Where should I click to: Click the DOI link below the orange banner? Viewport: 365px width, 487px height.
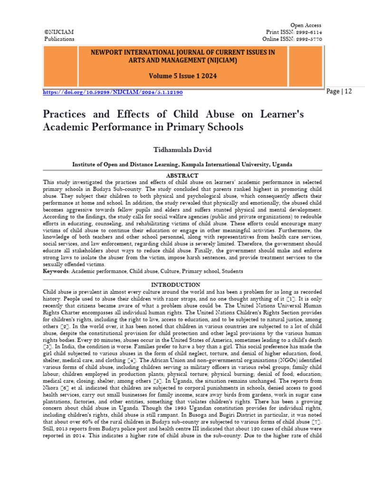pyautogui.click(x=113, y=92)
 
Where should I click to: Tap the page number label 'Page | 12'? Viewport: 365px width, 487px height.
pyautogui.click(x=339, y=91)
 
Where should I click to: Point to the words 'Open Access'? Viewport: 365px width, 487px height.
pyautogui.click(x=306, y=25)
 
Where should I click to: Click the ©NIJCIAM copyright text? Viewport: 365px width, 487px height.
pyautogui.click(x=59, y=32)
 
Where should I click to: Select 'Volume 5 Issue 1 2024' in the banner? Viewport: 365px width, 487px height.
pyautogui.click(x=182, y=76)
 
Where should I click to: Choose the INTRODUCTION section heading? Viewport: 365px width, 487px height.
pyautogui.click(x=182, y=285)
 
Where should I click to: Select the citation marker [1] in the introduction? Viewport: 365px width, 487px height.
pyautogui.click(x=290, y=298)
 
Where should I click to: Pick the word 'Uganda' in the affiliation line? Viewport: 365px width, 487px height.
pyautogui.click(x=282, y=164)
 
